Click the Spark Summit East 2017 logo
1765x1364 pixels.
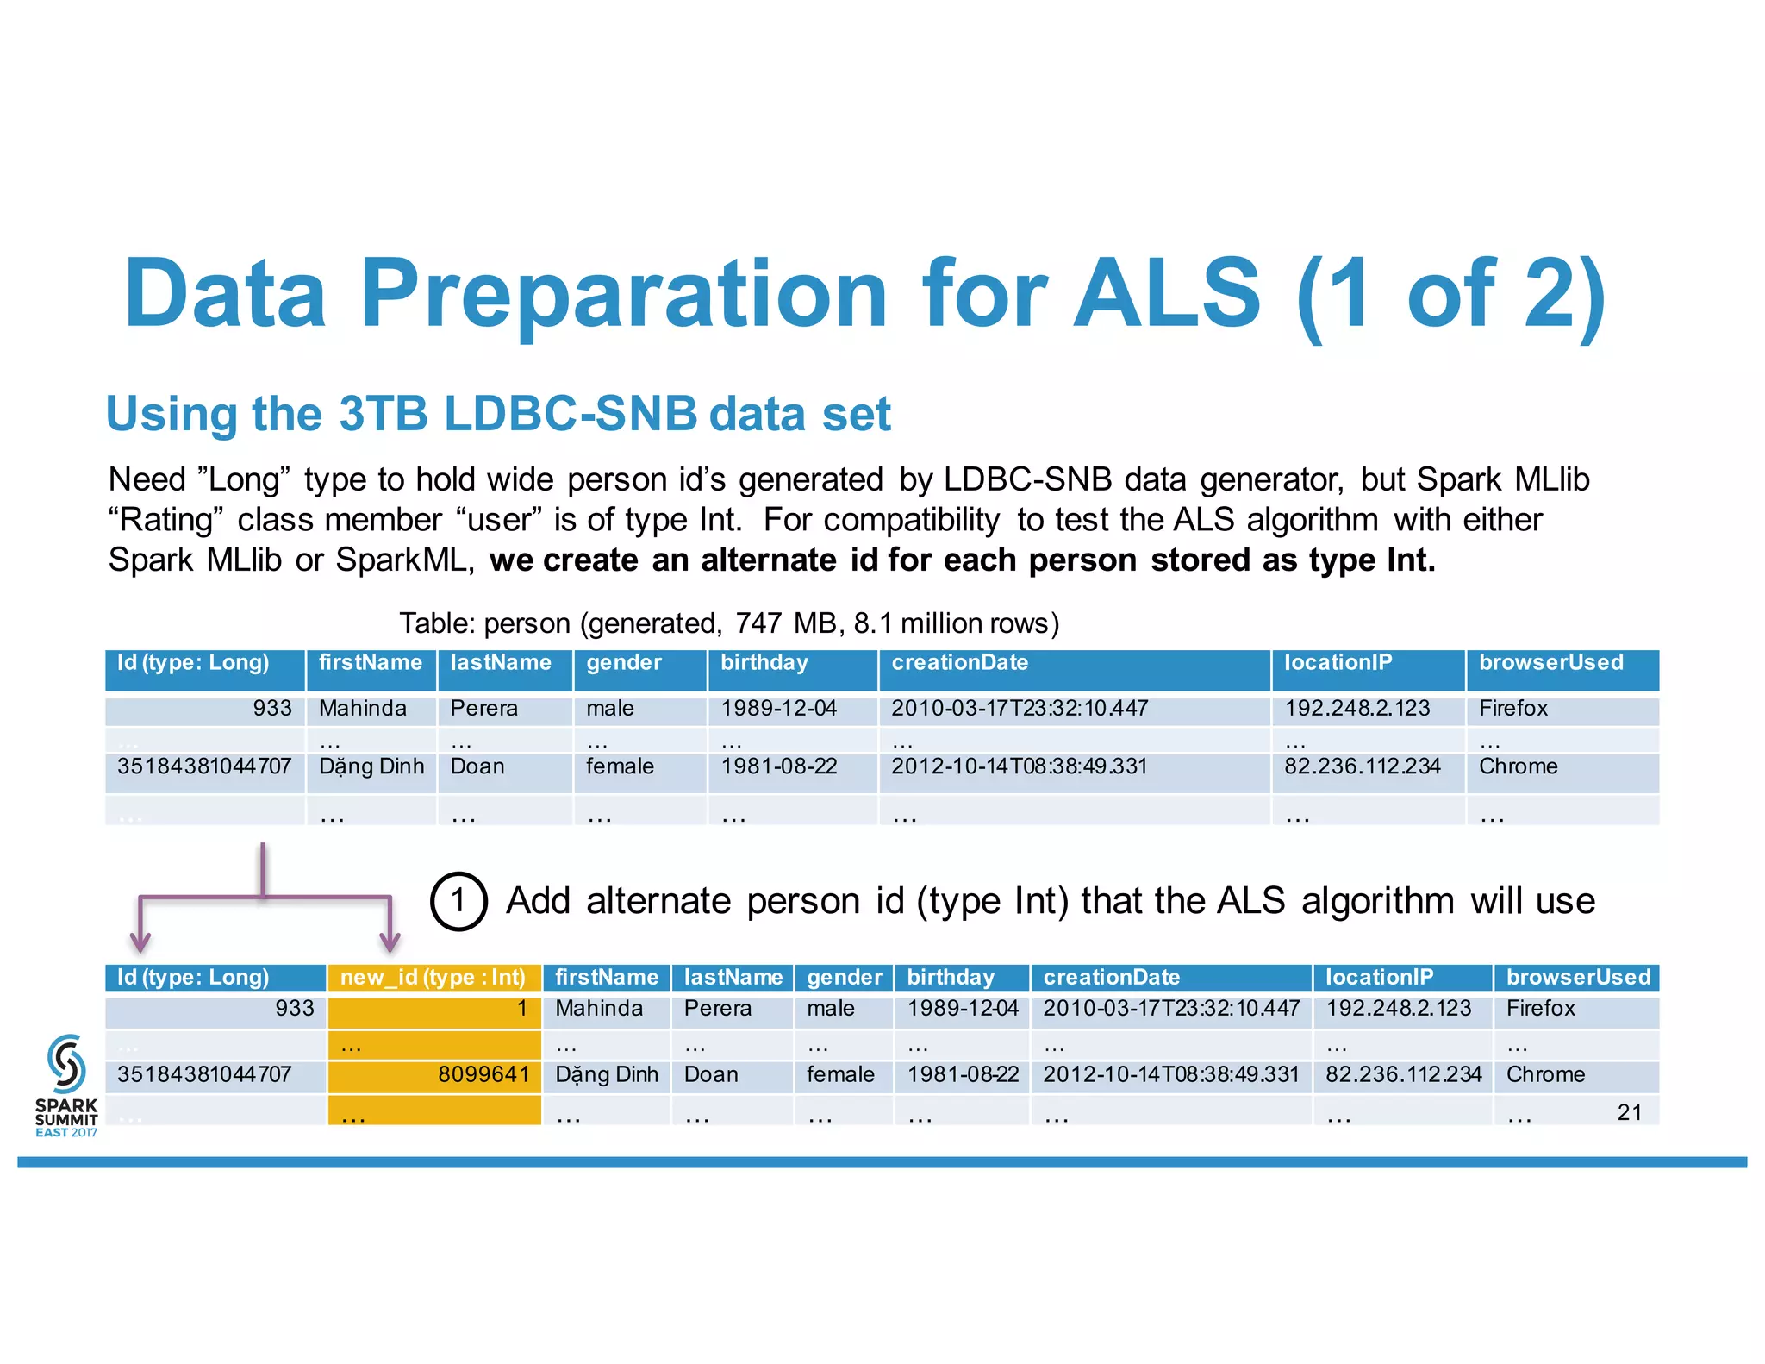coord(66,1084)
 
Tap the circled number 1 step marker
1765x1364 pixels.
coord(458,901)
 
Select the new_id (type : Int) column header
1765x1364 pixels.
coord(433,977)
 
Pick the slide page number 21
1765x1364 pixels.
coord(1629,1112)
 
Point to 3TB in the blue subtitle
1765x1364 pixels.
coord(383,414)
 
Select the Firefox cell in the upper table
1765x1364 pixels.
coord(1512,709)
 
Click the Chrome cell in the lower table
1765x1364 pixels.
coord(1545,1074)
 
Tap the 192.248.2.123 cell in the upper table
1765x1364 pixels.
coord(1356,709)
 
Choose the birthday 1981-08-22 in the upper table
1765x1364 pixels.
coord(778,766)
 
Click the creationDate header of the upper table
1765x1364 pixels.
coord(959,663)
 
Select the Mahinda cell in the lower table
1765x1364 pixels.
coord(599,1008)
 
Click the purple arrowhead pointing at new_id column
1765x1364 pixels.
coord(390,941)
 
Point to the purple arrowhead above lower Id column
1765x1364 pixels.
coord(140,941)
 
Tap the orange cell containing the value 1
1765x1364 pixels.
coord(434,1009)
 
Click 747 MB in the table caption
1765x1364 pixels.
coord(773,623)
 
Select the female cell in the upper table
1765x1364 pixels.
coord(620,766)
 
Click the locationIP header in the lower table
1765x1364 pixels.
coord(1379,977)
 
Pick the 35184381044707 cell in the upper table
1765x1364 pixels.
coord(204,766)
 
